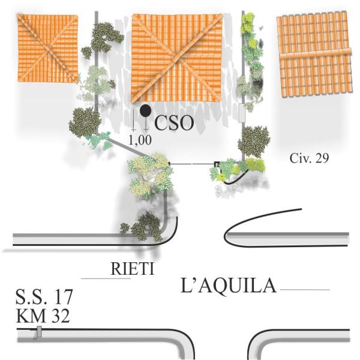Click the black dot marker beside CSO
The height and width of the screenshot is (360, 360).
coord(145,110)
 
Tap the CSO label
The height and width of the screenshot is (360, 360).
coord(175,124)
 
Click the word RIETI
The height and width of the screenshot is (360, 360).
coord(132,269)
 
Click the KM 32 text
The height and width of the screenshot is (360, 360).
coord(43,315)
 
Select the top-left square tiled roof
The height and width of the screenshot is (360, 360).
coord(47,48)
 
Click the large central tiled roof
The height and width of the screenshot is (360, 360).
coord(176,58)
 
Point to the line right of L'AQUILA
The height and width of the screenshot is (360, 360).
coord(305,290)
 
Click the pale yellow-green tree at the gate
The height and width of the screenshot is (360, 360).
coord(149,174)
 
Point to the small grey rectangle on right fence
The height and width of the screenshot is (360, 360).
coord(242,112)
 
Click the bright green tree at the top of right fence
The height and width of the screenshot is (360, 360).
coord(248,24)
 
